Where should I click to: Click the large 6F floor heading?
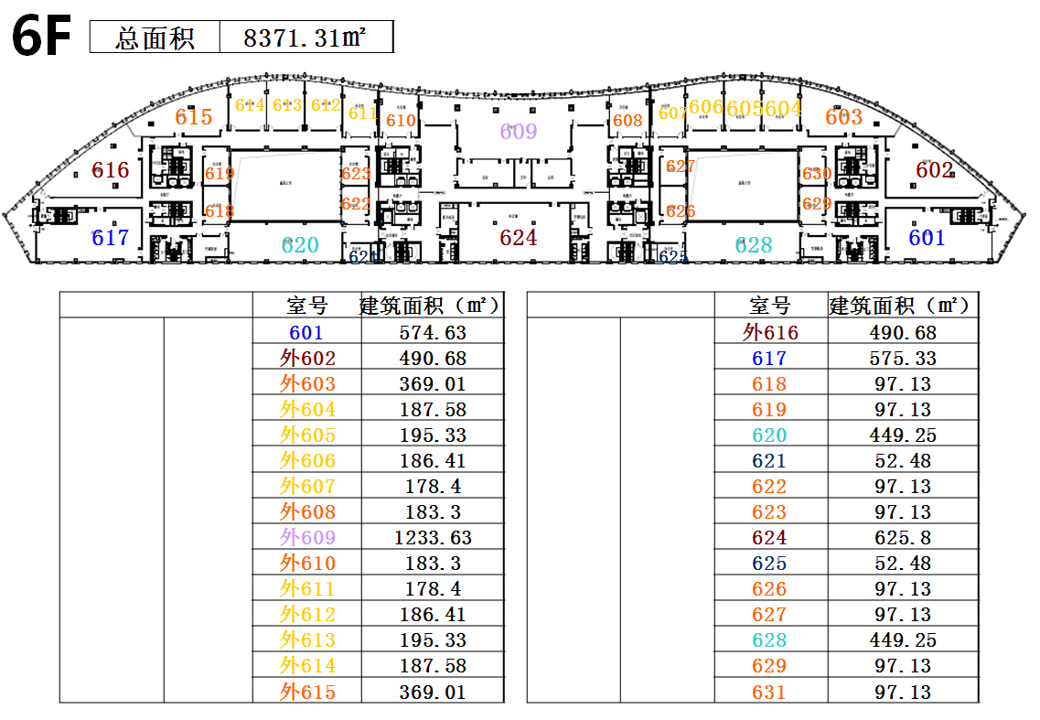[41, 38]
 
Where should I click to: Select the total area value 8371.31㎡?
[306, 38]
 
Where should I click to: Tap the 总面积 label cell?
[155, 38]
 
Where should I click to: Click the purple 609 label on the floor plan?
[519, 132]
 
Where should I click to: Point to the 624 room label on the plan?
[519, 238]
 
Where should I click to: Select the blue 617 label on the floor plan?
[111, 238]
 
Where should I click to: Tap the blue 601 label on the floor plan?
[927, 238]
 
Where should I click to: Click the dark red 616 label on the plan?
[111, 170]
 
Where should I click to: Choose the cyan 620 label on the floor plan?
[300, 244]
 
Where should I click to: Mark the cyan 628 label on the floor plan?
[754, 244]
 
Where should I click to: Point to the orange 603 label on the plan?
[843, 117]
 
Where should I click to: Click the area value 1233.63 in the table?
[433, 538]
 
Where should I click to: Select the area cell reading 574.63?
[433, 333]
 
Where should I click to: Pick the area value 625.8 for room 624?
[903, 538]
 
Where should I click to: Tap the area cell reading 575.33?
[903, 359]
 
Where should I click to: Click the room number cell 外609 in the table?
[307, 538]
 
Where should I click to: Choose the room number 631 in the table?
[769, 692]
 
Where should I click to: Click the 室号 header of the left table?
[307, 306]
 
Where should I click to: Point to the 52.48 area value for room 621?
[903, 461]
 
